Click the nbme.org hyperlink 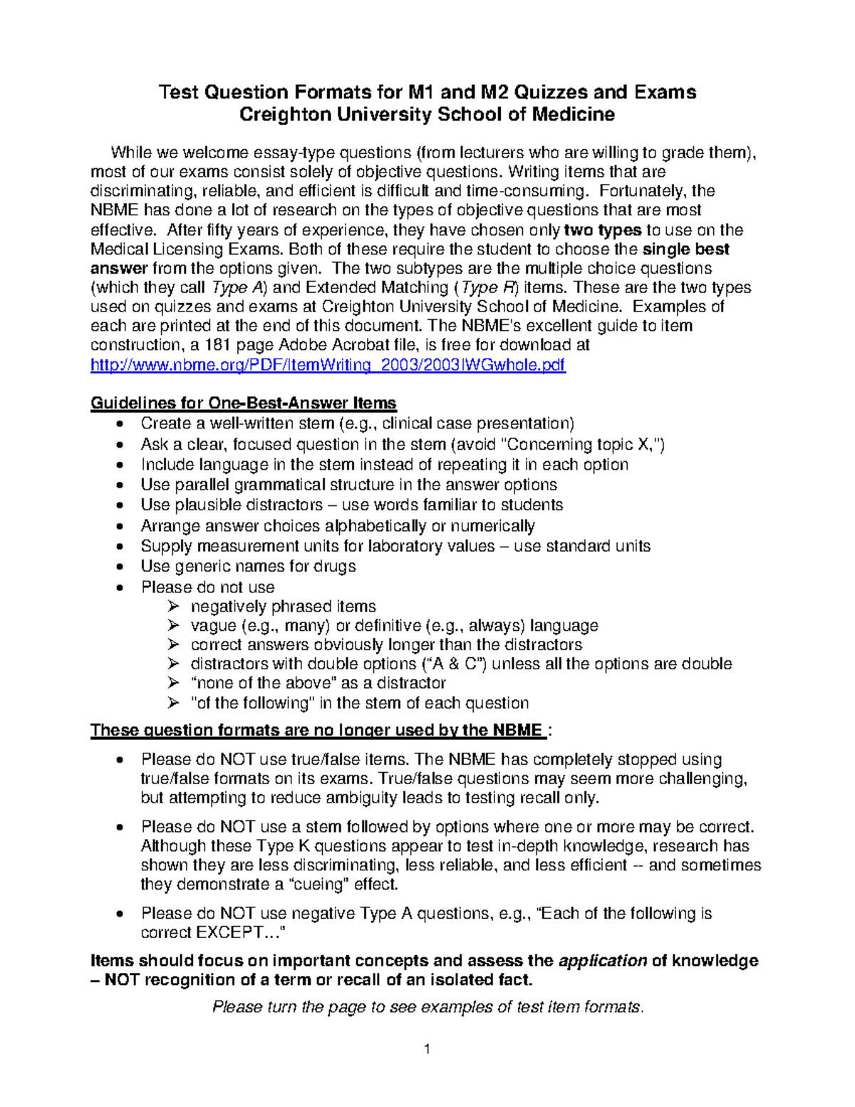(x=328, y=365)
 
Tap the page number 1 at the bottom (x=427, y=1049)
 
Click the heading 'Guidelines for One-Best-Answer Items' (x=243, y=403)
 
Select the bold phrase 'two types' (x=603, y=230)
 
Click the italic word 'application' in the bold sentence (x=603, y=960)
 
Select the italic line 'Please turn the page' (x=427, y=1006)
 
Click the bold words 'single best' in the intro (x=685, y=249)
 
